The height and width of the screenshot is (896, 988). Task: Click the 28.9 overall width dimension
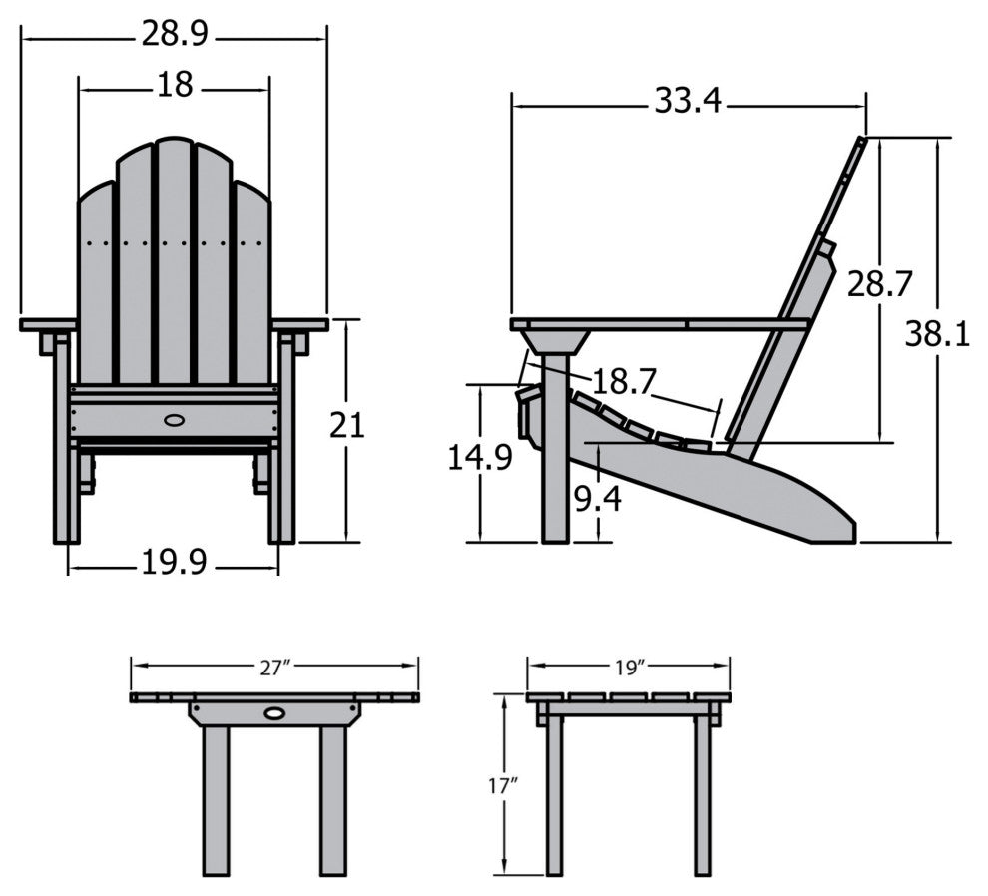[x=174, y=36]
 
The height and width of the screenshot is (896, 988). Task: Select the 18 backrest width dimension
[x=174, y=86]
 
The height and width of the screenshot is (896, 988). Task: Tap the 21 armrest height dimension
[x=346, y=426]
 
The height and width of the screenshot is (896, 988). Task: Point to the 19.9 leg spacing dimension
[x=174, y=564]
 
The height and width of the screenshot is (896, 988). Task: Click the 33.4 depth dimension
[x=689, y=101]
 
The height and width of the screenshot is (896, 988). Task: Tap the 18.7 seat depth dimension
[x=624, y=381]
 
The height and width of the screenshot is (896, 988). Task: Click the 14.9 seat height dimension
[x=480, y=458]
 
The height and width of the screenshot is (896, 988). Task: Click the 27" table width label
[x=273, y=669]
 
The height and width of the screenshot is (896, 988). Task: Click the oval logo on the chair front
[x=174, y=418]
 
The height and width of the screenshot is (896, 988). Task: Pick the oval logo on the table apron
[x=273, y=713]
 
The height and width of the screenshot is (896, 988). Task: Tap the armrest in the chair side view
[x=659, y=324]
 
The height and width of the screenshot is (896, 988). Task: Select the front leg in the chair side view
[x=555, y=469]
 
